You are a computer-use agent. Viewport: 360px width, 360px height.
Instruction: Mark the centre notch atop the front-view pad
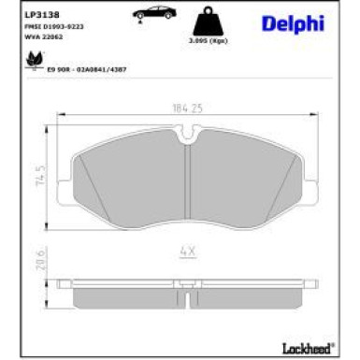[190, 137]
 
